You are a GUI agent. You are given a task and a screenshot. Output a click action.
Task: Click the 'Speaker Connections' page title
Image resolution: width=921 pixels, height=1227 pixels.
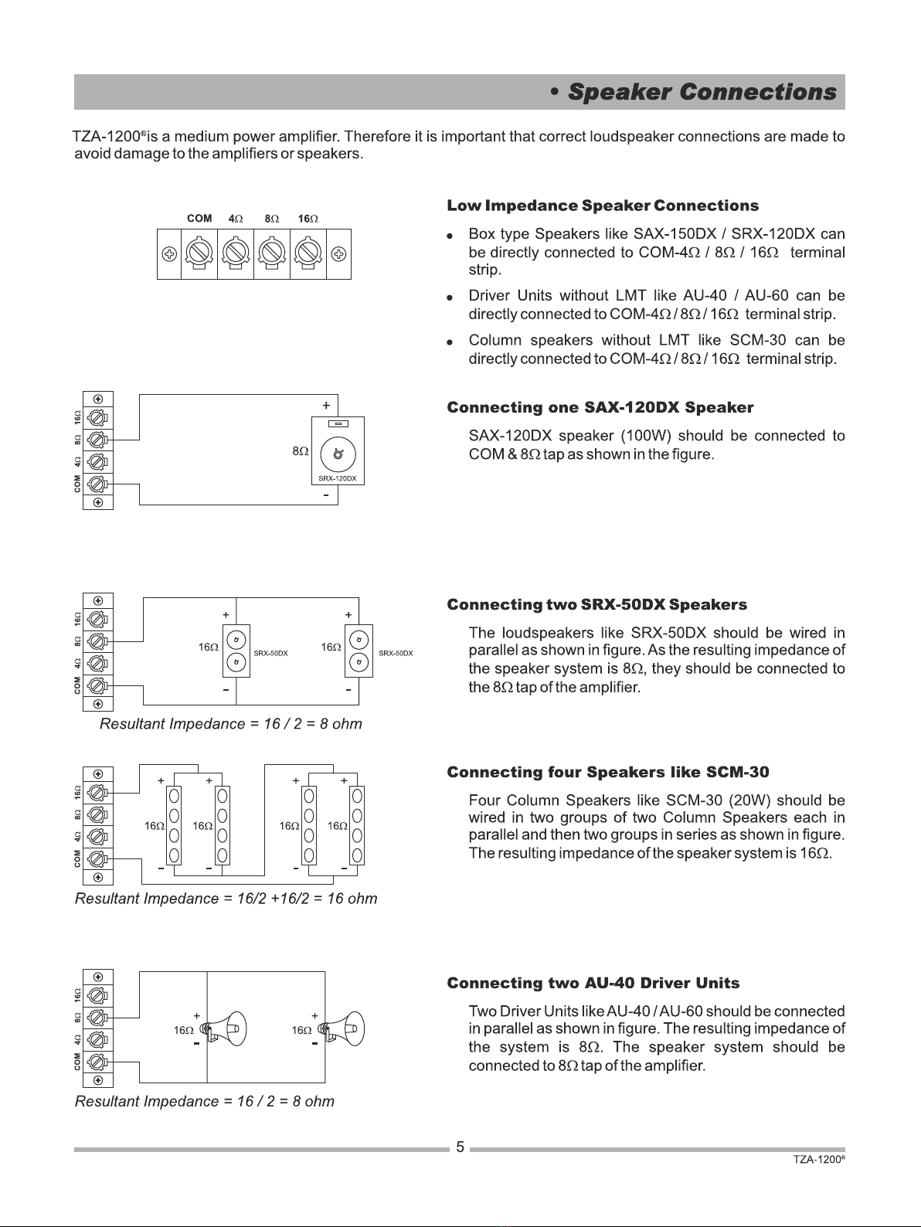(702, 92)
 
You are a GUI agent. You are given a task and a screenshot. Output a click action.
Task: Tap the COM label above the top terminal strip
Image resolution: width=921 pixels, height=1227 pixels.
(199, 219)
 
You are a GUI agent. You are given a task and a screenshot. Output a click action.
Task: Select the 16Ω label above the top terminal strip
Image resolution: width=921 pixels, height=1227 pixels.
(308, 219)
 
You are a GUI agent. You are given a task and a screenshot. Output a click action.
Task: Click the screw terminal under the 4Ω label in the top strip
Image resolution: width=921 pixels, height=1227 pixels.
(236, 253)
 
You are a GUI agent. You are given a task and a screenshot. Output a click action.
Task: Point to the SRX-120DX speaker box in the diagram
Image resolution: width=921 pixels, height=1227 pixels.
(338, 450)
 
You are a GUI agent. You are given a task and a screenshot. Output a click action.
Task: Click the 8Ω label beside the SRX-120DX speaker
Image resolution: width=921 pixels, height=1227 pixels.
(300, 450)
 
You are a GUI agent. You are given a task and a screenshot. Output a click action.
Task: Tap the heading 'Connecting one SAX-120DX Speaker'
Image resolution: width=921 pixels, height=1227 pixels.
(600, 407)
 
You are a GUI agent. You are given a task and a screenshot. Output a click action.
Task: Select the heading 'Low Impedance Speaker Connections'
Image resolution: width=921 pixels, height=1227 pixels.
(603, 206)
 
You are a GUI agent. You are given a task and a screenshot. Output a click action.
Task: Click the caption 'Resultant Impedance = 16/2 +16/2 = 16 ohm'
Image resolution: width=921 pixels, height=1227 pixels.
(226, 899)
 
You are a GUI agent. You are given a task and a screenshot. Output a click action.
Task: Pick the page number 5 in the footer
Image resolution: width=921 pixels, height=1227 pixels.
(460, 1147)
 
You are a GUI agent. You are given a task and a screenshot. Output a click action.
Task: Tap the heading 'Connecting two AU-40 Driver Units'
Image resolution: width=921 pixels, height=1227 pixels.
(593, 984)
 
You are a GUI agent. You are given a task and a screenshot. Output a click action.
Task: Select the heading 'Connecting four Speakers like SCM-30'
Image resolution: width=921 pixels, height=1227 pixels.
(608, 773)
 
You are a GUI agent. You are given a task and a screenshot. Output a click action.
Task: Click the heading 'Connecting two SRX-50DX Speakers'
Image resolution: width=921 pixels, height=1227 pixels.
(596, 605)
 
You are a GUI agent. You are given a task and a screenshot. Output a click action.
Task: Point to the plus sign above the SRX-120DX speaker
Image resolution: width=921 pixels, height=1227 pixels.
(326, 406)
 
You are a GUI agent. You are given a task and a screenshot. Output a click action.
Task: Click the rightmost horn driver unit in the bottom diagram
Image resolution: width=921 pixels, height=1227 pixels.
(342, 1029)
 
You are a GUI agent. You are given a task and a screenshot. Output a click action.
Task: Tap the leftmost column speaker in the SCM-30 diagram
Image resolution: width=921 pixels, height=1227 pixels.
(174, 825)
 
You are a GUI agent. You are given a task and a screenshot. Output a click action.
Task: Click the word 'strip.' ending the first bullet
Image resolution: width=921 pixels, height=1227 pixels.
(485, 270)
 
